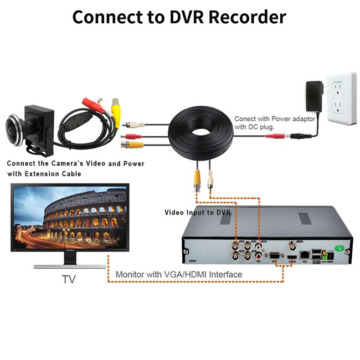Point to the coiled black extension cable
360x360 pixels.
click(199, 136)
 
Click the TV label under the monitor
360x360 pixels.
click(68, 280)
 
